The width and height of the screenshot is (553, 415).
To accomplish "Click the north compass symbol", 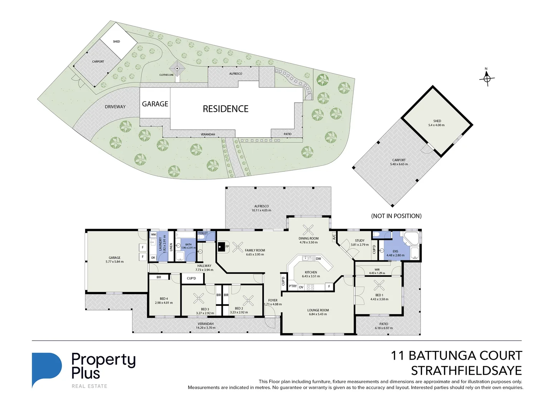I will [487, 78].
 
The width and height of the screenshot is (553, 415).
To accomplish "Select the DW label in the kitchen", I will [318, 259].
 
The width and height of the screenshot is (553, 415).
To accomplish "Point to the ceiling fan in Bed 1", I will [379, 285].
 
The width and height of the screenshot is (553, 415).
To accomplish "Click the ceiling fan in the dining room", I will [308, 230].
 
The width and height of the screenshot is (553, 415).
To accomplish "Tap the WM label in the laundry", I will [153, 234].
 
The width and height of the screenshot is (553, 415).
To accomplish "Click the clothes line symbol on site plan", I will [177, 69].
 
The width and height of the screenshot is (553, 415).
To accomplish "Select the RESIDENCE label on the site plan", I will [225, 109].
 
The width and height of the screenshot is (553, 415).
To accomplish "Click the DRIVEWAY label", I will [115, 107].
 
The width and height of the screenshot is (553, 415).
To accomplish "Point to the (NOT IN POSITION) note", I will [396, 216].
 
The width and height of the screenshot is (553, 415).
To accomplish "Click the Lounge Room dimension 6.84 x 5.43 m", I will [318, 314].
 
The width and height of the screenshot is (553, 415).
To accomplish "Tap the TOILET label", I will [203, 233].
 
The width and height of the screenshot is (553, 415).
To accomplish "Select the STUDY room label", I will [359, 241].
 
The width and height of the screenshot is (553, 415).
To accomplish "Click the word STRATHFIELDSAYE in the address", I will [466, 371].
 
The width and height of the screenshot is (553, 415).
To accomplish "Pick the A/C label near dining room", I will [334, 236].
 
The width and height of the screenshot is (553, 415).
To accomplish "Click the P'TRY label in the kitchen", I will [293, 286].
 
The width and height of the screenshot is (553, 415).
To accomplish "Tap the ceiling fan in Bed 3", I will [199, 298].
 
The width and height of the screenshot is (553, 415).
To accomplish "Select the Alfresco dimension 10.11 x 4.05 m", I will [261, 211].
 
